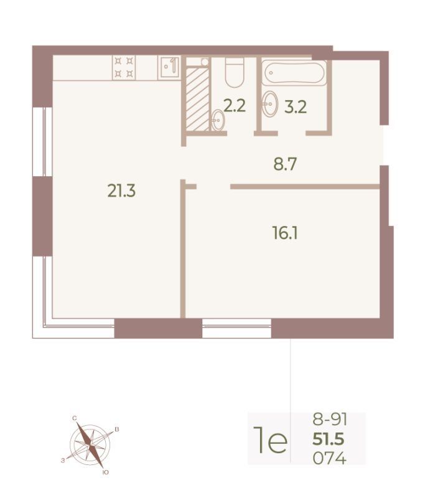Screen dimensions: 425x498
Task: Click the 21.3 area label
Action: coord(121,191)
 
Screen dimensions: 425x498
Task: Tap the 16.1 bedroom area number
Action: coord(285,233)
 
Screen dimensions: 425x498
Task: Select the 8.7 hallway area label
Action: coord(285,164)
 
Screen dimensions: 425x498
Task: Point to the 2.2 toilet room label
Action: coord(235,106)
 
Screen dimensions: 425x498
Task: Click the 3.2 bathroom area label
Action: coord(296,108)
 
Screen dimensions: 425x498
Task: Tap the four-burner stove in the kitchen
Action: coord(124,67)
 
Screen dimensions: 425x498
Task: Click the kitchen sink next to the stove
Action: coord(169,67)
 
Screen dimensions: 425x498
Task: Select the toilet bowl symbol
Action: coord(235,72)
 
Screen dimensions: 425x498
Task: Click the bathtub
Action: coord(294,73)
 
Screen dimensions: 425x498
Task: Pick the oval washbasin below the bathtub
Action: coord(270,103)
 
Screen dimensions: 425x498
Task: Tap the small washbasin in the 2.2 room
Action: coord(218,120)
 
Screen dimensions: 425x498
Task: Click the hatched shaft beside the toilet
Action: coord(197,99)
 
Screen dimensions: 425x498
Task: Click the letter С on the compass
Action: coord(75,418)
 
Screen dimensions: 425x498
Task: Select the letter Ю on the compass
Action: coord(106,472)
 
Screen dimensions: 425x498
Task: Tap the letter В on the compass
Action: coord(117,430)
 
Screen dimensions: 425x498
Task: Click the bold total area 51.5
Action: coord(328,439)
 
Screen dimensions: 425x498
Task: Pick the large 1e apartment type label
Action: coord(271,440)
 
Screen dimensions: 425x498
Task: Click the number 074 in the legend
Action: coord(329,458)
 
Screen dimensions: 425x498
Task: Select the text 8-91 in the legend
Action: coord(330,420)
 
